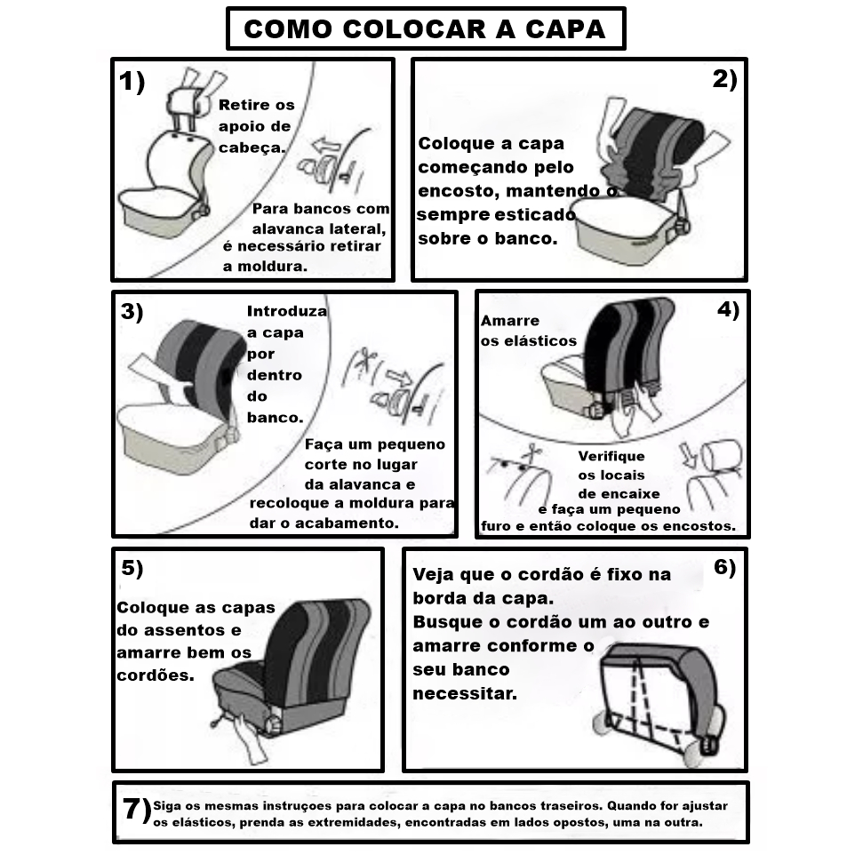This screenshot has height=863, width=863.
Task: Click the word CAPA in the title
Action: (565, 29)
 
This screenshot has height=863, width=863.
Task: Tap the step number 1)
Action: (132, 82)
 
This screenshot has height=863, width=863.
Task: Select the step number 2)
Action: (724, 79)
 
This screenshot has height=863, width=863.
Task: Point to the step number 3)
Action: (132, 312)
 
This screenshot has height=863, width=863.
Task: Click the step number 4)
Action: (728, 309)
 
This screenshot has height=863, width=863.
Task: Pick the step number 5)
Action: (132, 568)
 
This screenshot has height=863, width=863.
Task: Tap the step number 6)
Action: (724, 567)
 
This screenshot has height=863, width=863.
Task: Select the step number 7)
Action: (137, 811)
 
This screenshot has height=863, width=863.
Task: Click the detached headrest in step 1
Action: (183, 101)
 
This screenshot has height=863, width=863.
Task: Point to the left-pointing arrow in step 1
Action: (327, 146)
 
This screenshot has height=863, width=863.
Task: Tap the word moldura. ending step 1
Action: (273, 267)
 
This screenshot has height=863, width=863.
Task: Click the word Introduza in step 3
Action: (287, 312)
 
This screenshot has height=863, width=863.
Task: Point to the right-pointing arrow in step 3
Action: (399, 378)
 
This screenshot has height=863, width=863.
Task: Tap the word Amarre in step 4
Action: (509, 321)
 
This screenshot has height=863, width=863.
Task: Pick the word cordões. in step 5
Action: (156, 675)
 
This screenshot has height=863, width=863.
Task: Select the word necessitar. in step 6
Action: (465, 693)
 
